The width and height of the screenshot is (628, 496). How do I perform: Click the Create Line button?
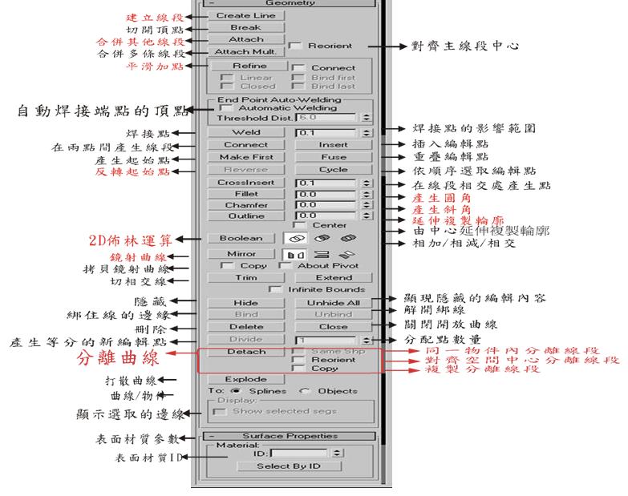coord(245,15)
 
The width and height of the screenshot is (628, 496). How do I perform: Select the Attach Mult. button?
coord(245,51)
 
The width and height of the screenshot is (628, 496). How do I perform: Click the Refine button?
coord(249,66)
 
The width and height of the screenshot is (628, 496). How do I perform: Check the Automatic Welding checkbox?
coord(225,107)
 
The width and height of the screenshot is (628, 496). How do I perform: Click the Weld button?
coord(245,132)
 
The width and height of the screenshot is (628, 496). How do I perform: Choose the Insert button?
coord(334,145)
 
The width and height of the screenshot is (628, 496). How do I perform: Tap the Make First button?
coord(245,157)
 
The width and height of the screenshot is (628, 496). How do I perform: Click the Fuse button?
coord(334,157)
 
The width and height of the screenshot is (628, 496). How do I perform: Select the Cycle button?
coord(334,169)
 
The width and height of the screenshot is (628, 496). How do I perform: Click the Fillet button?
coord(245,194)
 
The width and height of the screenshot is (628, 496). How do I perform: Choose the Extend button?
coord(334,277)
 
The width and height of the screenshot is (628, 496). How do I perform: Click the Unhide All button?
coord(334,303)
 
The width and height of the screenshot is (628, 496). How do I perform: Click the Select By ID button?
coord(288,466)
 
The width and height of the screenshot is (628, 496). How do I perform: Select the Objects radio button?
coord(306,390)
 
